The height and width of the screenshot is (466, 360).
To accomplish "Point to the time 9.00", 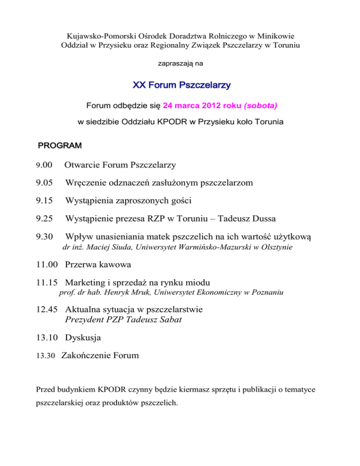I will tap(45, 165).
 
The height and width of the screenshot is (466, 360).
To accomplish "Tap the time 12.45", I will tap(47, 309).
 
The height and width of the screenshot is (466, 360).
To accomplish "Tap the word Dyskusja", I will tap(83, 337).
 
